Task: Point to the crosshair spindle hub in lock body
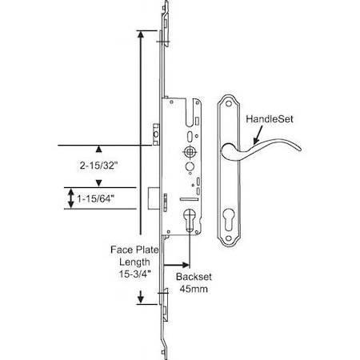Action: pyautogui.click(x=189, y=151)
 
